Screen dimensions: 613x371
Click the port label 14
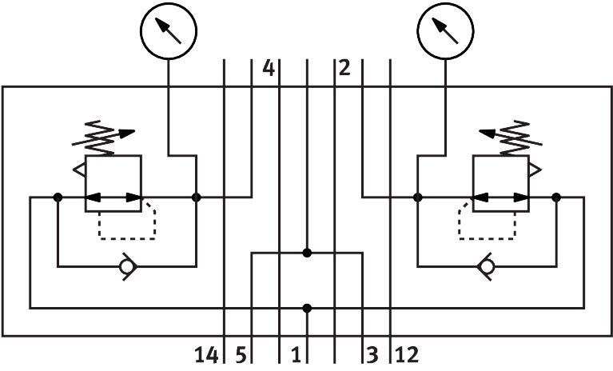[206, 355]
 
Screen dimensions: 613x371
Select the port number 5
[241, 355]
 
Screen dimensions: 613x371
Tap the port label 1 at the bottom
[296, 355]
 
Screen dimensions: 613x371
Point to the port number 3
[372, 355]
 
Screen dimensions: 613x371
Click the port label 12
[407, 355]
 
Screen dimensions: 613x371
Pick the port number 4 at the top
[269, 68]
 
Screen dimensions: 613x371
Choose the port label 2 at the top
[344, 68]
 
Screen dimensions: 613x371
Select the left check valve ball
[126, 266]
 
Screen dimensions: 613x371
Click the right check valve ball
[487, 266]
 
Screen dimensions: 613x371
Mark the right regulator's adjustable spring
[511, 138]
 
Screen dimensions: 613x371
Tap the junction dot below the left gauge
[197, 197]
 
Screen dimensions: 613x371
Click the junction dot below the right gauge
[417, 197]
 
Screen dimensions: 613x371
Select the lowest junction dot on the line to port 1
[307, 309]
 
